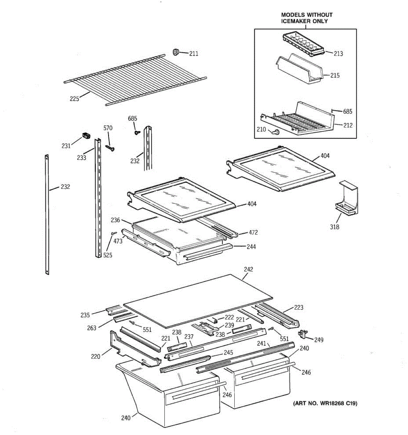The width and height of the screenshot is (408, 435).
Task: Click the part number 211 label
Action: pyautogui.click(x=194, y=54)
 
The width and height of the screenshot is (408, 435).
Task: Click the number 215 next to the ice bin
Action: pyautogui.click(x=335, y=75)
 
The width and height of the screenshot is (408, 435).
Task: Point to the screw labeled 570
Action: pyautogui.click(x=110, y=148)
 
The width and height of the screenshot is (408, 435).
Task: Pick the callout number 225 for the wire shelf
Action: pyautogui.click(x=74, y=99)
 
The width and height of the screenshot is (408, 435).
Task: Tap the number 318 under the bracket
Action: pyautogui.click(x=334, y=227)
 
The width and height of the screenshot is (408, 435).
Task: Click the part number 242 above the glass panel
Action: pyautogui.click(x=248, y=269)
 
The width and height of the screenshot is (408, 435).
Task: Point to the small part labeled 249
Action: pyautogui.click(x=302, y=334)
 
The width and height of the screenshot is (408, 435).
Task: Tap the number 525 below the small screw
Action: pyautogui.click(x=108, y=255)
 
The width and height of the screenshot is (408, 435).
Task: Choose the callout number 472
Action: pyautogui.click(x=253, y=232)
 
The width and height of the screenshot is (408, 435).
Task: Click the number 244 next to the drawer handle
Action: pyautogui.click(x=251, y=246)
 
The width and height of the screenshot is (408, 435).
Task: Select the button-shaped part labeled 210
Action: pyautogui.click(x=275, y=132)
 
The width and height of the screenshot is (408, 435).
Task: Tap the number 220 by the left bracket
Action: pyautogui.click(x=96, y=356)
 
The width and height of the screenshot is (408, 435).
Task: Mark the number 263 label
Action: pyautogui.click(x=92, y=328)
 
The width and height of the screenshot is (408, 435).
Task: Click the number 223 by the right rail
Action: pyautogui.click(x=298, y=307)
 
